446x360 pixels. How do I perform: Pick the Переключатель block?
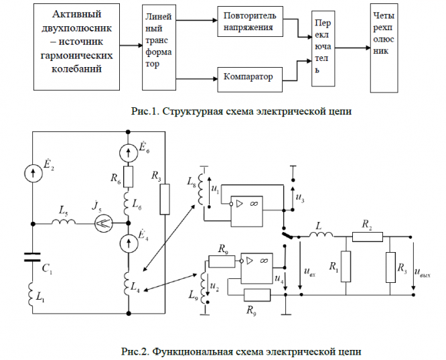(324, 49)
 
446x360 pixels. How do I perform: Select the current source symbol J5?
(101, 224)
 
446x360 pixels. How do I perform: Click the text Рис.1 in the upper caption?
(146, 111)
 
